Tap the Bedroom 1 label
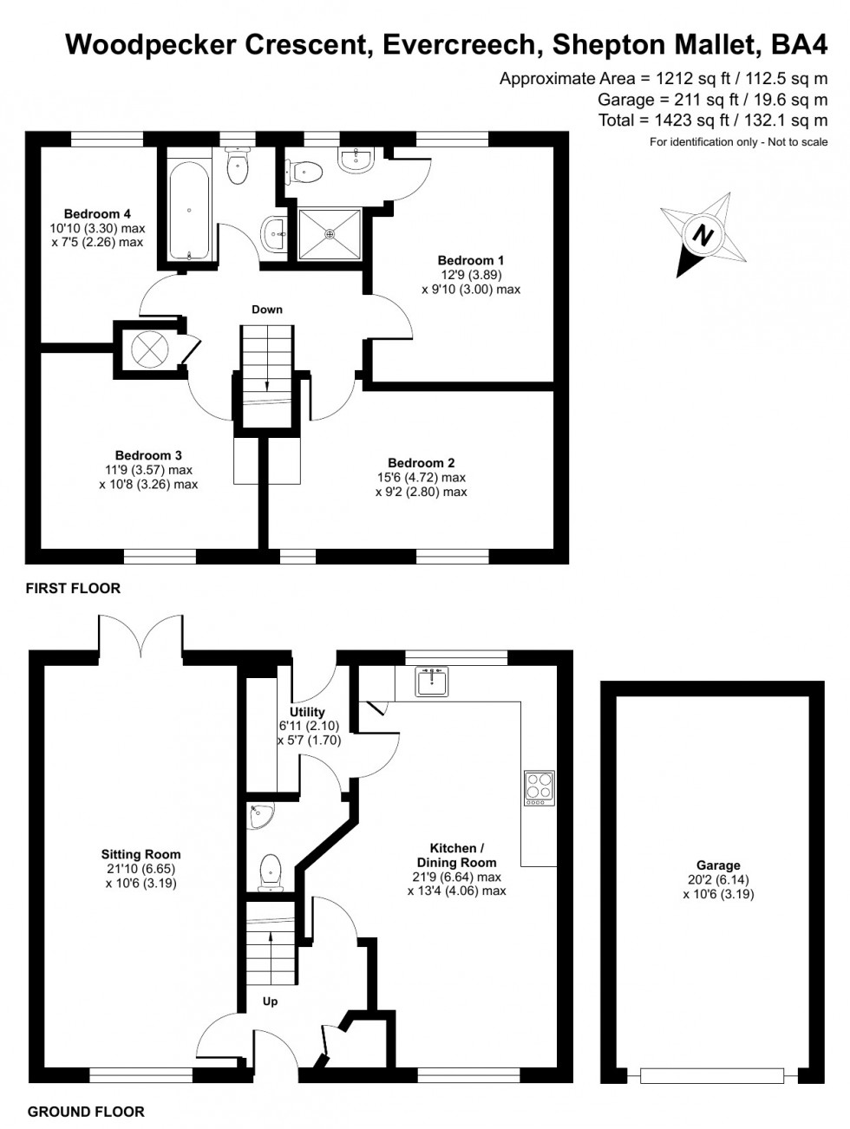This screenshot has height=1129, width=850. point(470,260)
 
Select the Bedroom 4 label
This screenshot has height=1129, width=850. point(97,214)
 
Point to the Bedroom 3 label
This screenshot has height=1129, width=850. point(148,455)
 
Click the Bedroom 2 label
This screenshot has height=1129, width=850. point(421,463)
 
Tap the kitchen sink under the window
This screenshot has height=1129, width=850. point(431,681)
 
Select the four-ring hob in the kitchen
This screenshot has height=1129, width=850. point(538,787)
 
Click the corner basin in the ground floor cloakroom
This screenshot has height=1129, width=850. point(258,816)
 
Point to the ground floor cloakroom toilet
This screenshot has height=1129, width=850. point(271,871)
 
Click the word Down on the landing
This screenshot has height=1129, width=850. point(267,310)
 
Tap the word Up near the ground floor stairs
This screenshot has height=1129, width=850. point(270,1002)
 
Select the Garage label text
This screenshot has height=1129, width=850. point(718,865)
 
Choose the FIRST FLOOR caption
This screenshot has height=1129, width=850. point(73,589)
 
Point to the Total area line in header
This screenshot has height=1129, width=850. point(713,121)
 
